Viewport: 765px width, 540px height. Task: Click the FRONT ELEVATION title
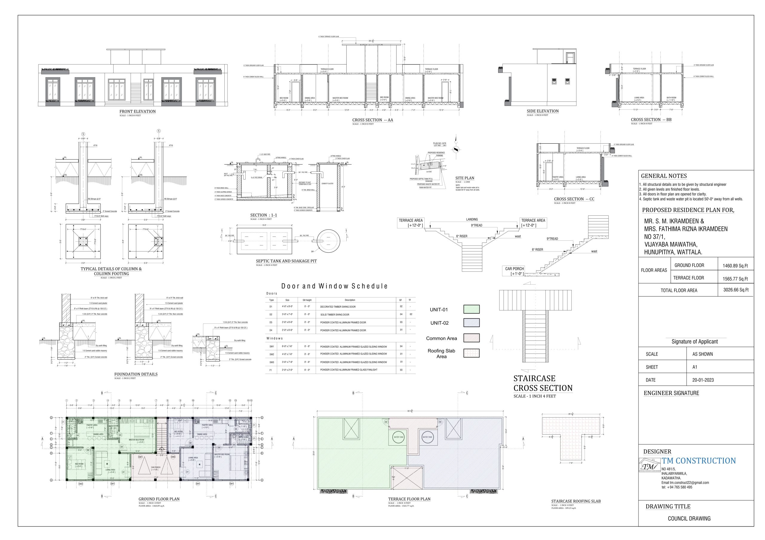pyautogui.click(x=137, y=111)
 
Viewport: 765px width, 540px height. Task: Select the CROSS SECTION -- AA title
pyautogui.click(x=373, y=120)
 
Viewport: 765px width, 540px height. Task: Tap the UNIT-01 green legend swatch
pyautogui.click(x=472, y=309)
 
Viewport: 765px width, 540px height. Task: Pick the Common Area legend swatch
pyautogui.click(x=472, y=338)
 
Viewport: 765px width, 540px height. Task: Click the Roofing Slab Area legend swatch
pyautogui.click(x=472, y=353)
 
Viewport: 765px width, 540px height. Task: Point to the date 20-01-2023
pyautogui.click(x=703, y=380)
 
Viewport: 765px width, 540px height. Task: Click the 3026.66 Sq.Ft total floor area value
pyautogui.click(x=736, y=290)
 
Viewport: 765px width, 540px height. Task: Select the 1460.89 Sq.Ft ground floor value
pyautogui.click(x=735, y=266)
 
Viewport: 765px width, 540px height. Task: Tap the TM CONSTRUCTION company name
pyautogui.click(x=699, y=461)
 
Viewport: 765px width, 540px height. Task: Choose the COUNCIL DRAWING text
pyautogui.click(x=689, y=518)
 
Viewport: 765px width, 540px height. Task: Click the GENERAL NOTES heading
pyautogui.click(x=664, y=176)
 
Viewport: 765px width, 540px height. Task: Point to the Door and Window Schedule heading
pyautogui.click(x=334, y=286)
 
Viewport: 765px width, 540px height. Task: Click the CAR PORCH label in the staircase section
pyautogui.click(x=515, y=269)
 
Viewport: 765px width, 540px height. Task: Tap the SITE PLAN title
pyautogui.click(x=464, y=178)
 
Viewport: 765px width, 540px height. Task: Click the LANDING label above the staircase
pyautogui.click(x=472, y=220)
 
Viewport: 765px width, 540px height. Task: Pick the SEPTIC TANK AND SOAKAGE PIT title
pyautogui.click(x=286, y=261)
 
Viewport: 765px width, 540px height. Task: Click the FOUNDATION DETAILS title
pyautogui.click(x=136, y=374)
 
